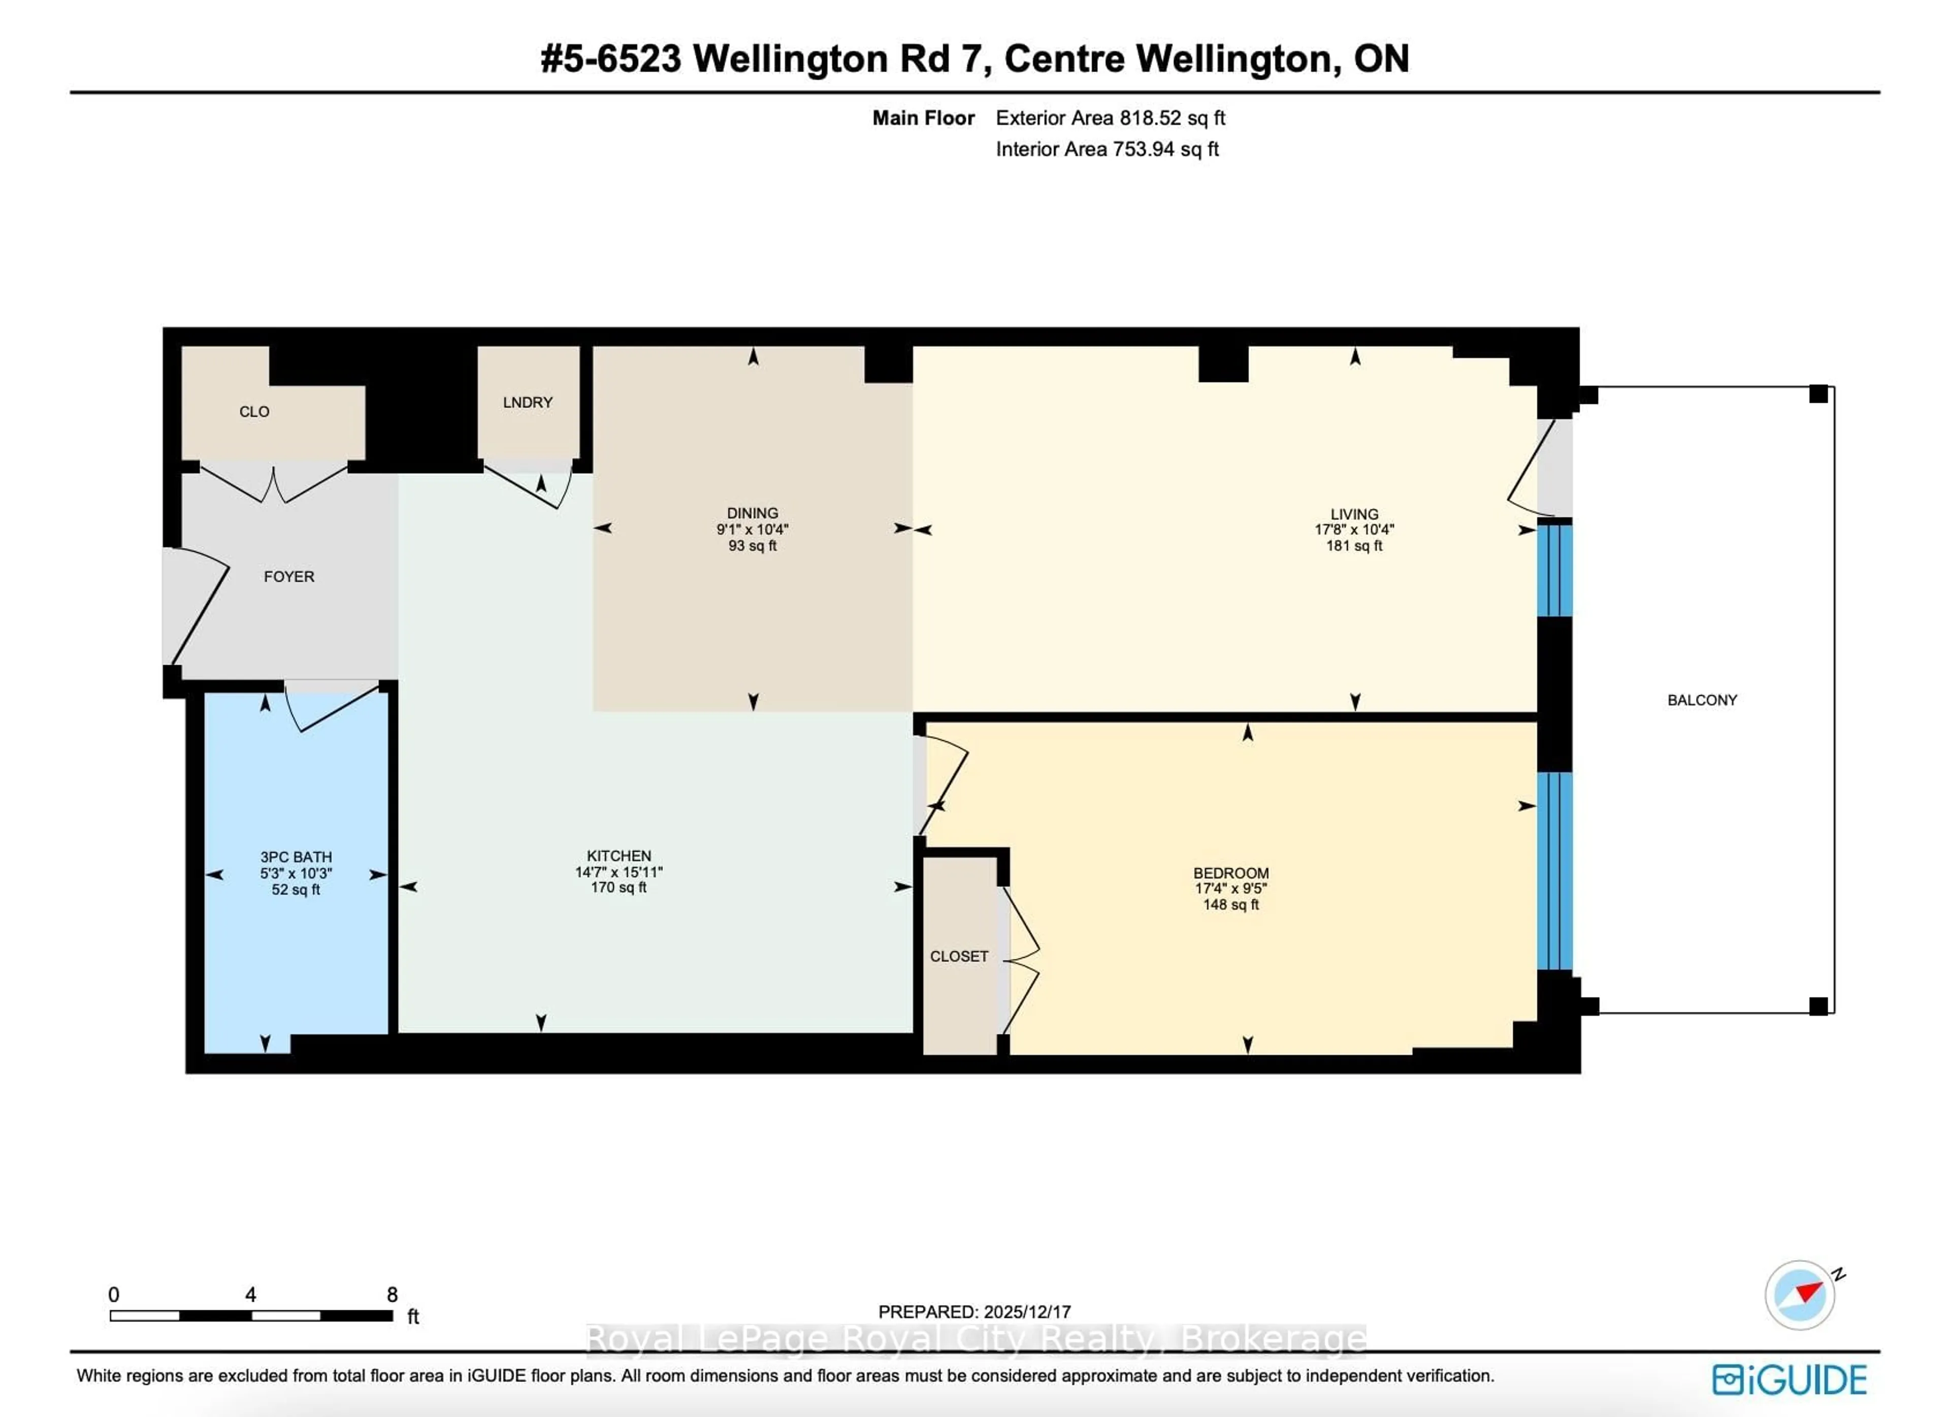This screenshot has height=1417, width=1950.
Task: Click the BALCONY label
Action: pos(1702,700)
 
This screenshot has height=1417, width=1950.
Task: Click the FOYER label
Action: pos(289,576)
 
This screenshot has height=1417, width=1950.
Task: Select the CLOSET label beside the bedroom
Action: pos(959,956)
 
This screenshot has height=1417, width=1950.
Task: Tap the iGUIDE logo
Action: pos(1789,1380)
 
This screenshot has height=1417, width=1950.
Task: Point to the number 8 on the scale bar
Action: pos(392,1295)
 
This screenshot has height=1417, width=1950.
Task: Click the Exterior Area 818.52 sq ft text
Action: pos(1110,118)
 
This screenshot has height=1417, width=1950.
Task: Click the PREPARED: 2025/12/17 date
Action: pos(974,1312)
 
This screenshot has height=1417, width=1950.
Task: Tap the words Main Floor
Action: pos(923,118)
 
